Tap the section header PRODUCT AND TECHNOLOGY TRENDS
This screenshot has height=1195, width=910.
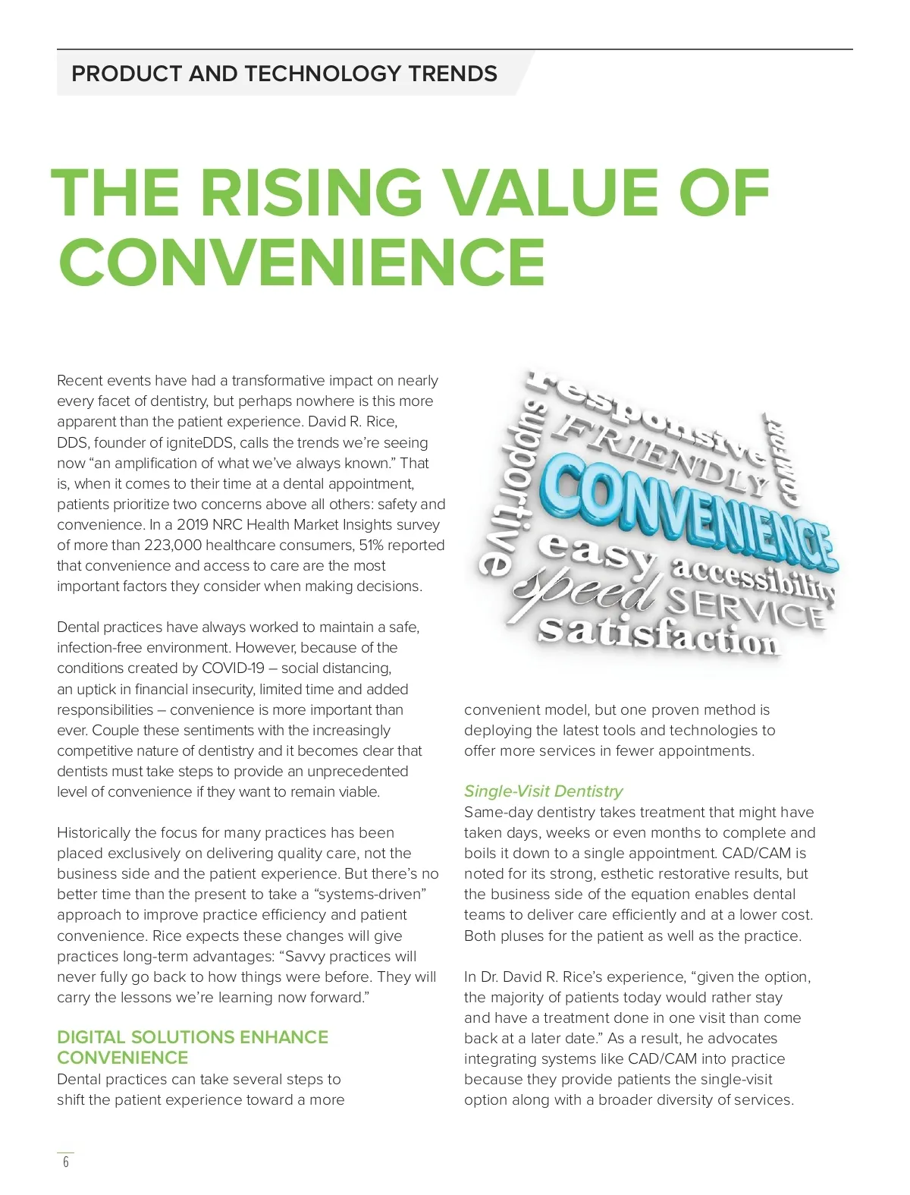[x=284, y=74]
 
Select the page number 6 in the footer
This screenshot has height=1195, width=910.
[x=66, y=1162]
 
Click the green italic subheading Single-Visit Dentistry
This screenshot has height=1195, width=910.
[x=543, y=791]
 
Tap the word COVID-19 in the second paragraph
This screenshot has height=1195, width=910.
[x=233, y=668]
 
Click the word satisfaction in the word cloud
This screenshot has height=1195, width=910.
[x=658, y=634]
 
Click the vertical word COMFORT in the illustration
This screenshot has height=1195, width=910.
[x=782, y=460]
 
